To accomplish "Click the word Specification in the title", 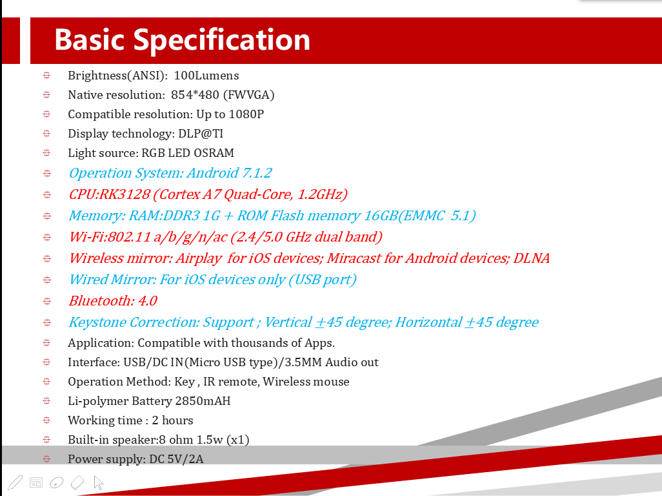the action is (222, 41).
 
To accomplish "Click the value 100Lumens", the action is (206, 76).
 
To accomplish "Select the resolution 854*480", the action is (195, 95).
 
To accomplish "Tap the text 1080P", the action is (246, 114).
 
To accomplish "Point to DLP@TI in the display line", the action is (201, 134).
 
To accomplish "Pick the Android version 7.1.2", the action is (257, 173).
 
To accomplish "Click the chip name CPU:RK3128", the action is (109, 194).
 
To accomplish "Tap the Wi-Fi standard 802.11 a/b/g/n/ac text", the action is (168, 237).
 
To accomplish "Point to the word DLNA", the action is (531, 258).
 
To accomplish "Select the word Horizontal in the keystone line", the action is (428, 322).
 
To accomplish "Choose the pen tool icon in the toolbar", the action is (15, 482).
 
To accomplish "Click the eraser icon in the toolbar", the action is (77, 482).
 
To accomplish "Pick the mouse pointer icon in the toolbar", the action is (98, 482).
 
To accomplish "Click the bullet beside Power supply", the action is (46, 459).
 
